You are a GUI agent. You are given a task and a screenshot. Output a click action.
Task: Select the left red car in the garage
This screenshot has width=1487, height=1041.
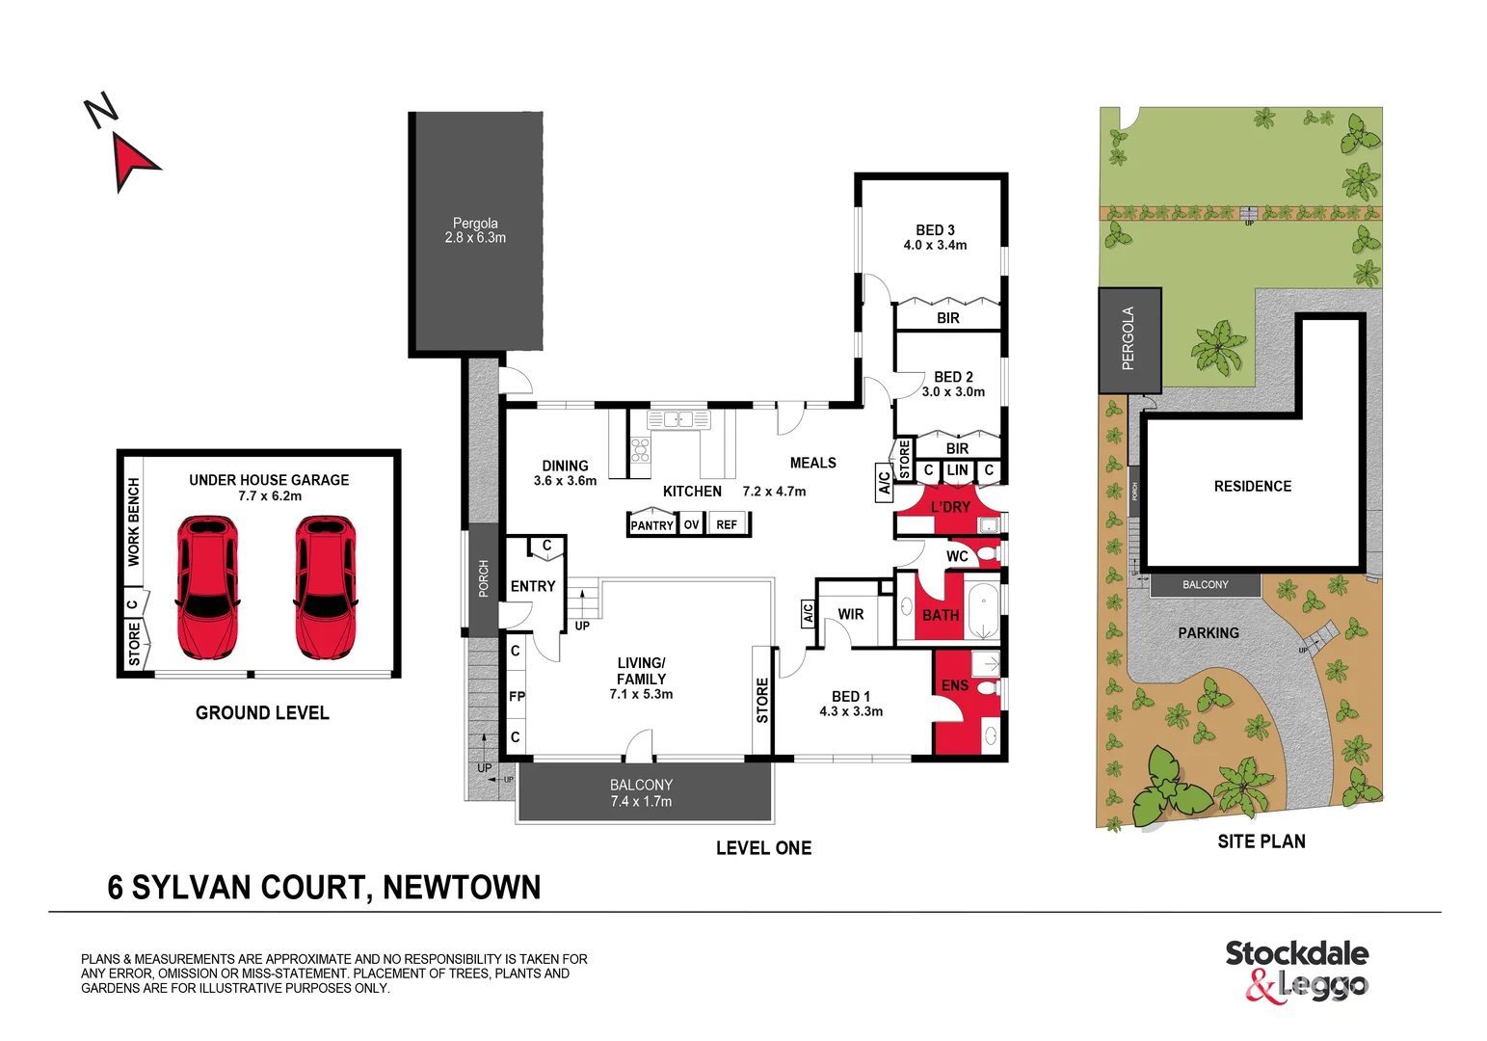click(207, 587)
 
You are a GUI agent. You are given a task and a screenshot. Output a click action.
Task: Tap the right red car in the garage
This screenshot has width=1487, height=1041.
click(325, 587)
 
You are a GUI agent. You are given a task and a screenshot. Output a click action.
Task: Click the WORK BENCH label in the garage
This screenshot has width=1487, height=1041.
click(134, 521)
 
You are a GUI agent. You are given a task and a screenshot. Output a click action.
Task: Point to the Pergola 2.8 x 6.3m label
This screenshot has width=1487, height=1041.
click(475, 230)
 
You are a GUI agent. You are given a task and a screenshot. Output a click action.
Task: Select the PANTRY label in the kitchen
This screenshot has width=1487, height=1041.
click(651, 525)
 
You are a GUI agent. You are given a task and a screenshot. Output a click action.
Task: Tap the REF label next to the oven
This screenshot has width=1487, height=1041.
click(727, 524)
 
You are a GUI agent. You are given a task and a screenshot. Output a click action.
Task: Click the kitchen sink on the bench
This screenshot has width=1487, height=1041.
click(677, 419)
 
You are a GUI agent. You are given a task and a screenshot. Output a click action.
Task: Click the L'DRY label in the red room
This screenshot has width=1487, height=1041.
click(950, 507)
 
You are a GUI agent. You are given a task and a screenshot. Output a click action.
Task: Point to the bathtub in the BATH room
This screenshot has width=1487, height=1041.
click(983, 610)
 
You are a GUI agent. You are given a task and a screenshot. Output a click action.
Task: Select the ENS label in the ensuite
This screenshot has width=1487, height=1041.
click(954, 685)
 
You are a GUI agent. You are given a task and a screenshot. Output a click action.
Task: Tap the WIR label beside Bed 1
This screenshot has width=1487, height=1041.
click(851, 614)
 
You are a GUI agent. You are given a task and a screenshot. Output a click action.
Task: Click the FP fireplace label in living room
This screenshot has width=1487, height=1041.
click(517, 696)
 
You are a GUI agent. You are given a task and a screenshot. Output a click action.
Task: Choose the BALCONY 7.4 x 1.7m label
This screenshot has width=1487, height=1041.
click(641, 792)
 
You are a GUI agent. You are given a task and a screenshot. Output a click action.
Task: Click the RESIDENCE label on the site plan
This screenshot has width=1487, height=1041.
click(1252, 487)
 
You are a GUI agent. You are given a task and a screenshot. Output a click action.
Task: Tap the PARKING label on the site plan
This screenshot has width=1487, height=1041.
click(1208, 633)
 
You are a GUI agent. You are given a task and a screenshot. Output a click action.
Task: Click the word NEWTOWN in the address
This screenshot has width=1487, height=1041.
click(462, 888)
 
